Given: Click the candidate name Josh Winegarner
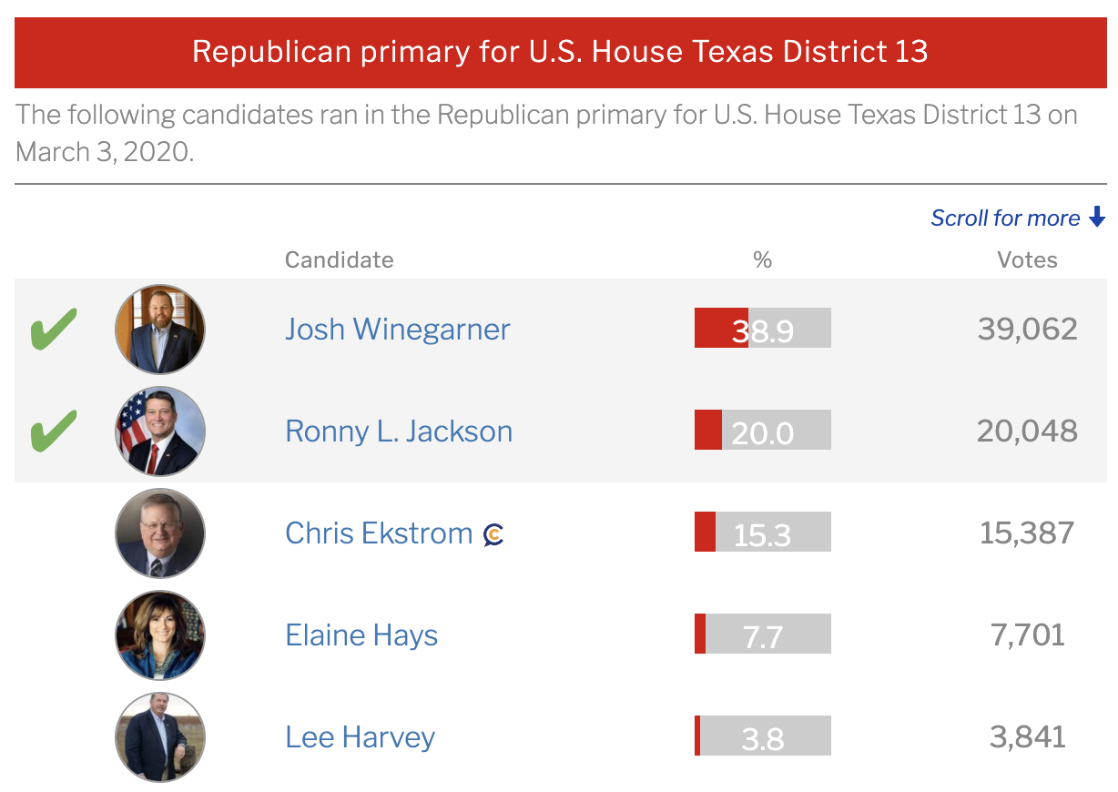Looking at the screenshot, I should tap(397, 329).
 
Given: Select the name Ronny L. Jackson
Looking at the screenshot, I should tap(399, 431).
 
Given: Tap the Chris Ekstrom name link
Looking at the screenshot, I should tap(379, 533).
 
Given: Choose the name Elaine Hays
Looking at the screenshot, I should tap(361, 635).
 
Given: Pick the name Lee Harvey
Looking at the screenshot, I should tap(360, 736).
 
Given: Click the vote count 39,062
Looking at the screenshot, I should tap(1027, 329).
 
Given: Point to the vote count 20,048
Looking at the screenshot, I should tap(1027, 431).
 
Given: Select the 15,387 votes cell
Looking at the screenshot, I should tap(1027, 533).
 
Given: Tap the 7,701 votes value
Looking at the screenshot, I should tap(1027, 635).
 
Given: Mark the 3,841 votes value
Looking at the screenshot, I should tap(1027, 736).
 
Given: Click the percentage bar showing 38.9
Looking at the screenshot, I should tap(763, 329).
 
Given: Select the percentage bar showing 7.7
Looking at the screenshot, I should tap(763, 635).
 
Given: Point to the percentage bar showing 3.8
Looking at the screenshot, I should tap(763, 736).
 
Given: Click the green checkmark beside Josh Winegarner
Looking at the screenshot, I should tap(55, 329).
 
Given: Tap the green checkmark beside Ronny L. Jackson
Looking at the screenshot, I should tap(55, 431).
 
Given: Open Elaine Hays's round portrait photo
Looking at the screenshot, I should tap(160, 635).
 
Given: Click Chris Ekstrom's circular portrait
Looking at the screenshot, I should tap(160, 533).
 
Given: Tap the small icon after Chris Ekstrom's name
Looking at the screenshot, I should tap(493, 534).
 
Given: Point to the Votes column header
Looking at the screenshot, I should tap(1027, 259).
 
